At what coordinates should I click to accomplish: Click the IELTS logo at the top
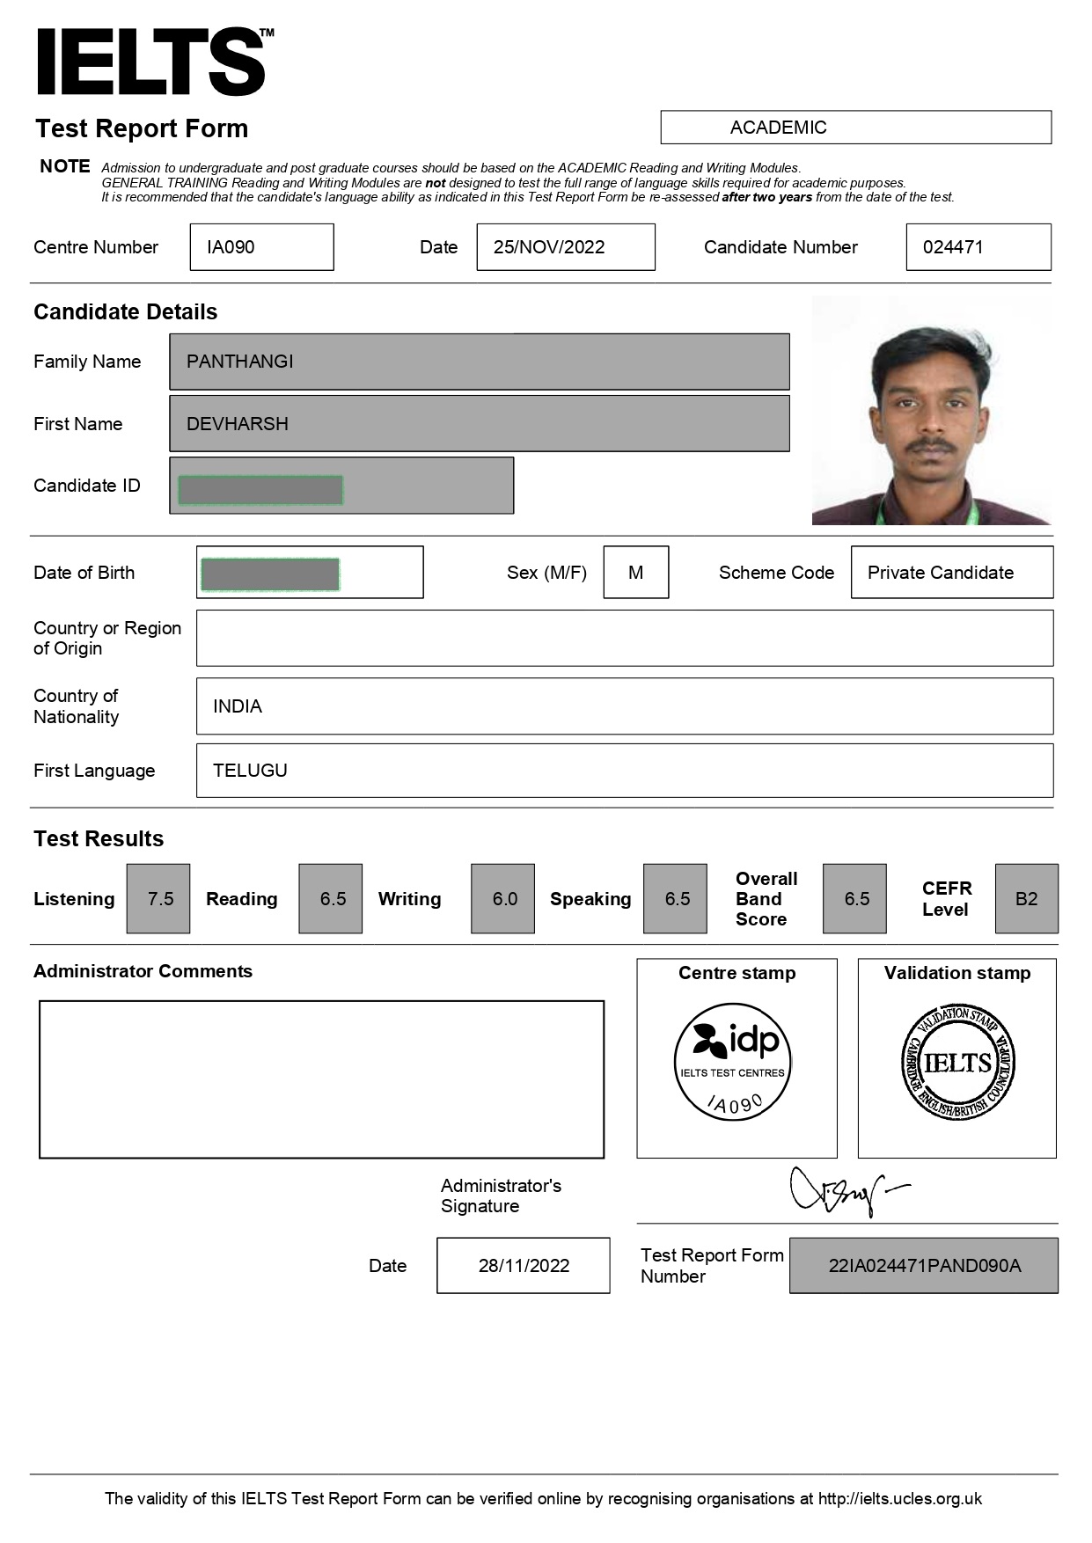click(151, 62)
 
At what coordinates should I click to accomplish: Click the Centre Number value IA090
click(231, 247)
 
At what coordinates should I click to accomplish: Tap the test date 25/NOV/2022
click(549, 247)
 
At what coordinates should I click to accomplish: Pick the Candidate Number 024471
click(953, 247)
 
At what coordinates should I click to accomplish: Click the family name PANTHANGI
click(240, 362)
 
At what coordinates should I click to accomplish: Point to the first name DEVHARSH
click(238, 424)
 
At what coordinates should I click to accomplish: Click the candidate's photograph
click(931, 411)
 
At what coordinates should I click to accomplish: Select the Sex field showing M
click(635, 573)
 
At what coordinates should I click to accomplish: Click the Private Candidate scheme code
click(941, 573)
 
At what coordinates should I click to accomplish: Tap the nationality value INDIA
click(238, 706)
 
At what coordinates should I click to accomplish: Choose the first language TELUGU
click(250, 771)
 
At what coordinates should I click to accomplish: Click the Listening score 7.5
click(159, 899)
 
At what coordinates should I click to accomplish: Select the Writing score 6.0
click(504, 899)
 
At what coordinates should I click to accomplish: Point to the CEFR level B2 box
click(1026, 899)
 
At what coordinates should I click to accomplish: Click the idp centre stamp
click(733, 1062)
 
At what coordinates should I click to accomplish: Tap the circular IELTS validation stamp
click(957, 1063)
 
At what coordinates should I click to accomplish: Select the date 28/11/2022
click(524, 1266)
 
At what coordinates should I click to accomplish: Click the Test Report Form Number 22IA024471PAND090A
click(924, 1266)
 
